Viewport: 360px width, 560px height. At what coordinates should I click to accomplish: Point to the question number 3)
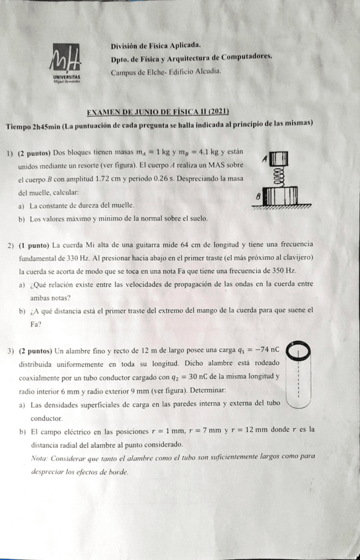click(x=12, y=349)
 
